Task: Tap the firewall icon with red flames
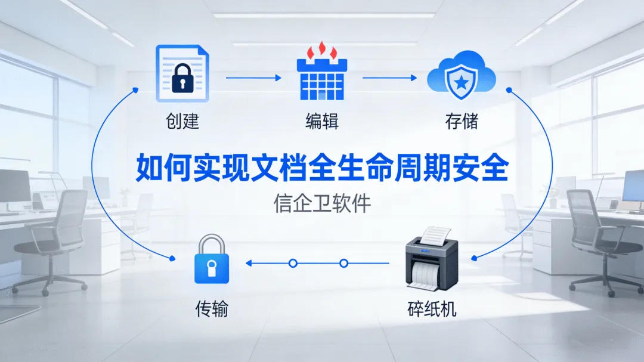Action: (322, 75)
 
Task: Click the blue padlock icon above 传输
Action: (211, 261)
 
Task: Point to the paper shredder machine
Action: (431, 263)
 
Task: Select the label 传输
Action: (211, 310)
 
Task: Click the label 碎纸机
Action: (432, 310)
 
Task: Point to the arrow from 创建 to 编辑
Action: (253, 78)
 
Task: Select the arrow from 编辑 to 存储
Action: (391, 78)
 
